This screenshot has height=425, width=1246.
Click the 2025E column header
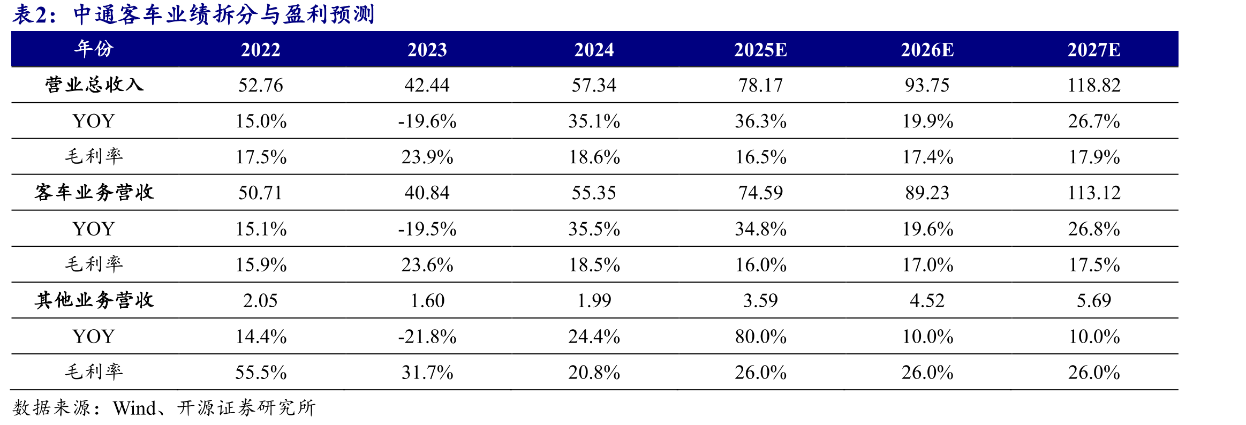pos(760,50)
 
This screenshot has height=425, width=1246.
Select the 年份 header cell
pos(94,49)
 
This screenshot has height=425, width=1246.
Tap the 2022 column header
pos(261,50)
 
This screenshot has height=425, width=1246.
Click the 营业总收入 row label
pos(94,85)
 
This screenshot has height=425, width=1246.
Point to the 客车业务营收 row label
pos(94,192)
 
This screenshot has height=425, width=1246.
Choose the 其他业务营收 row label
pos(94,300)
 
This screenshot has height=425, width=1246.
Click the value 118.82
pos(1094,85)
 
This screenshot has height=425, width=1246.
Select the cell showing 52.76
pos(261,85)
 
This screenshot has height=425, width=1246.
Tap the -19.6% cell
pos(427,121)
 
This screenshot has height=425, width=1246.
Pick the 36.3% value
pos(760,121)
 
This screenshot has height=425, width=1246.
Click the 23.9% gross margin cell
pos(427,157)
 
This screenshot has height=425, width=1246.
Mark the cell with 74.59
pos(760,193)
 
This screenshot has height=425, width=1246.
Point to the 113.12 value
pos(1094,193)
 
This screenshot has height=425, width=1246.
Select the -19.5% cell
pos(427,229)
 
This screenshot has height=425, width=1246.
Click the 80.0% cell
pos(760,336)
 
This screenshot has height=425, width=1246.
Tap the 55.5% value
pos(261,372)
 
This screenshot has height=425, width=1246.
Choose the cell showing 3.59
pos(760,300)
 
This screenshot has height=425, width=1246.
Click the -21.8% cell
pos(427,336)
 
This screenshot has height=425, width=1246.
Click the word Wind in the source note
pos(134,408)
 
